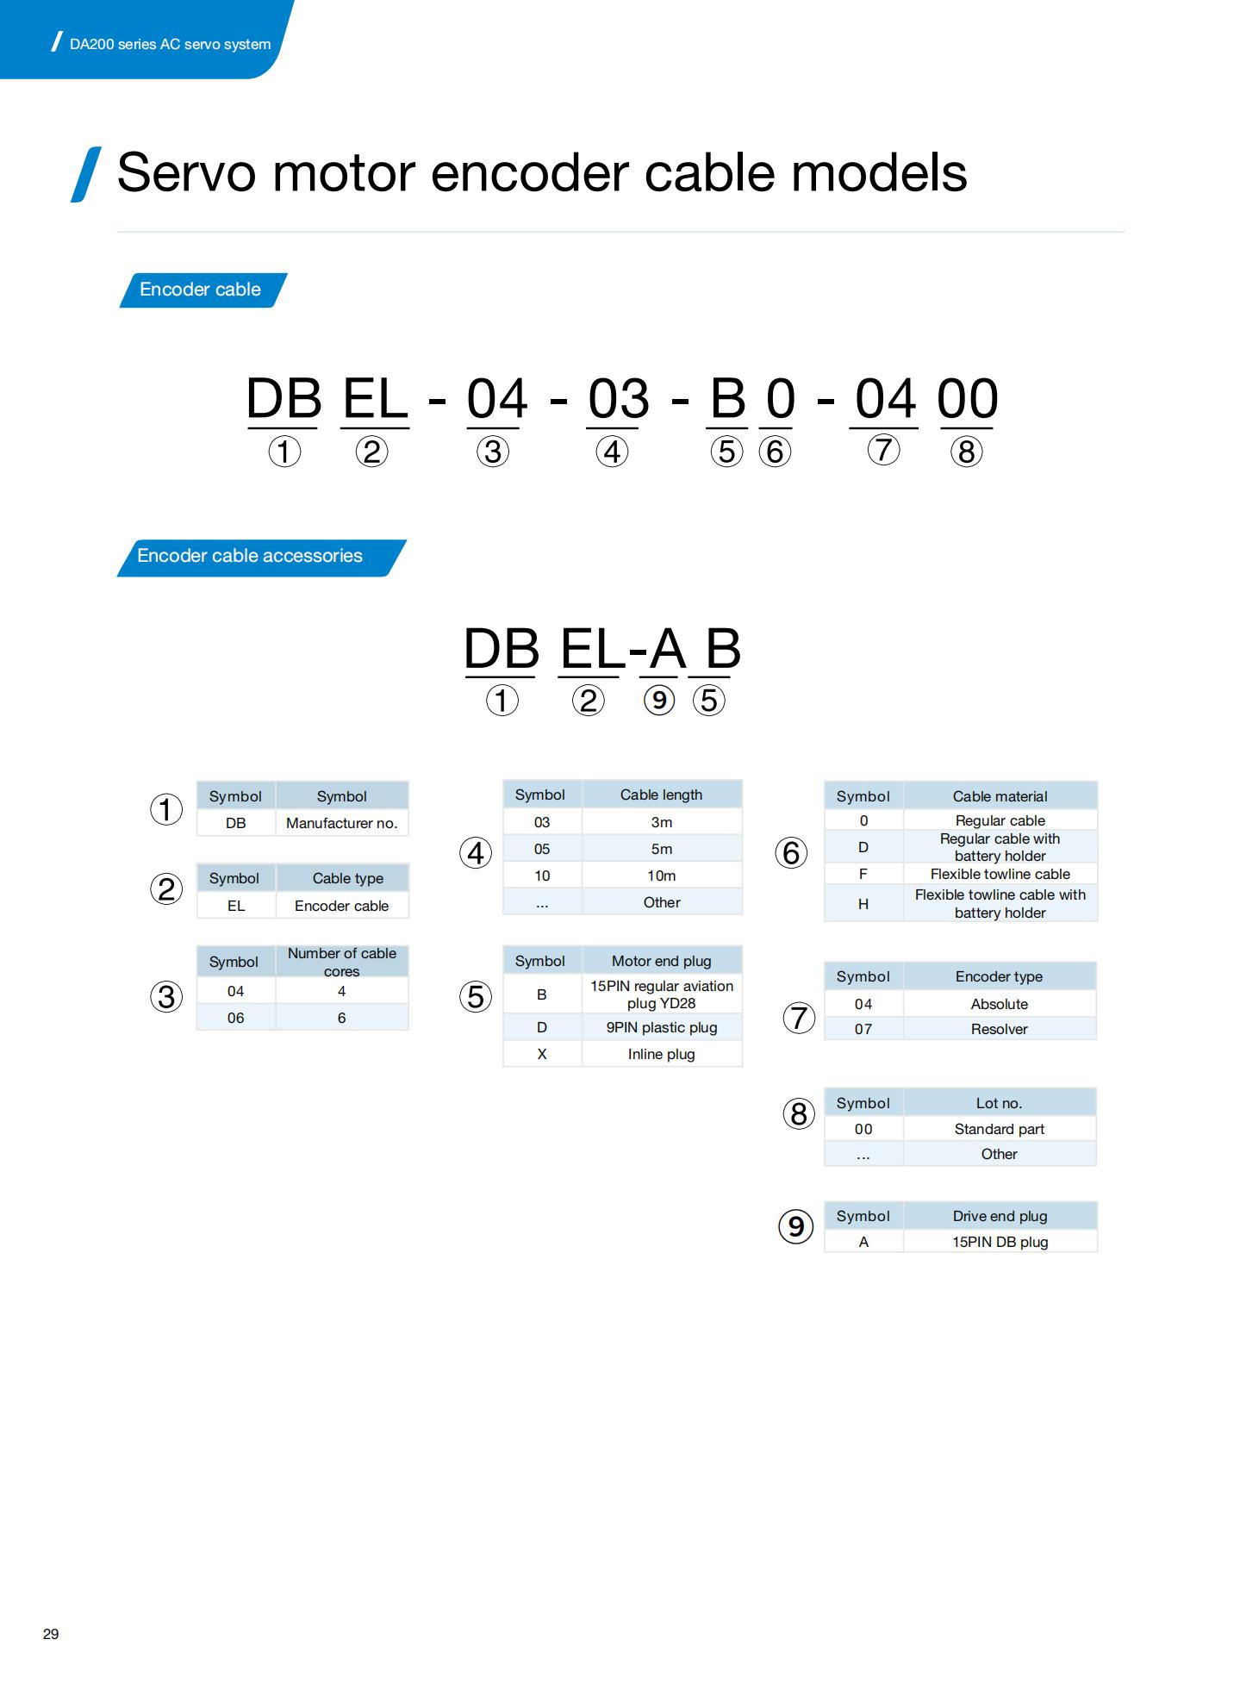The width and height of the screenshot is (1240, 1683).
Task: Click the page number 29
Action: [x=51, y=1634]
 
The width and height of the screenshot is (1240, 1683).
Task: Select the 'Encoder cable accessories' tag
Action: [x=261, y=557]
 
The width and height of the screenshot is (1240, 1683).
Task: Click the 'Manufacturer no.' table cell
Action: [x=341, y=823]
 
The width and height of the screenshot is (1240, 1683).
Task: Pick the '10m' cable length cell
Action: [x=662, y=876]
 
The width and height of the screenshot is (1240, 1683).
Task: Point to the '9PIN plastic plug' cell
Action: [x=662, y=1027]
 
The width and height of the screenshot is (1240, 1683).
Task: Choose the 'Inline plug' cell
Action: [x=662, y=1054]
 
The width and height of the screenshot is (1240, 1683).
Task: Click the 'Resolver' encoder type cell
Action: [x=1000, y=1029]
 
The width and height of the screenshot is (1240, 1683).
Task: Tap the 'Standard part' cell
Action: [x=1000, y=1129]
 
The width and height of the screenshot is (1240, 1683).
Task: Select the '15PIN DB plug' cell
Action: [x=1000, y=1242]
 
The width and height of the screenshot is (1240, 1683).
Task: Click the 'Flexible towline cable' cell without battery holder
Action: [x=1000, y=874]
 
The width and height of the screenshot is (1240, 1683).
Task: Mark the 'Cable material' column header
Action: [x=1000, y=796]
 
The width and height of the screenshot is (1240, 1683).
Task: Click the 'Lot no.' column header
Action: [x=1000, y=1103]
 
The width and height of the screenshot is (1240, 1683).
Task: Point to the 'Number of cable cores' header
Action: [x=341, y=962]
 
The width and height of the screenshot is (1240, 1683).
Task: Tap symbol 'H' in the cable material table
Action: [x=863, y=904]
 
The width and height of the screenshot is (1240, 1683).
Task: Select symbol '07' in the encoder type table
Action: [x=863, y=1029]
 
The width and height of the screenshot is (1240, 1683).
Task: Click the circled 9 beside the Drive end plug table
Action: [x=796, y=1226]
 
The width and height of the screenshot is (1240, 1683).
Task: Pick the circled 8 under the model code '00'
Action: [x=967, y=452]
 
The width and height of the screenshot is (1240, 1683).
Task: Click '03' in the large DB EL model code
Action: [x=619, y=399]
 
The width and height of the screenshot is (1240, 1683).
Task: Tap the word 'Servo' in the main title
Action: [x=186, y=172]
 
